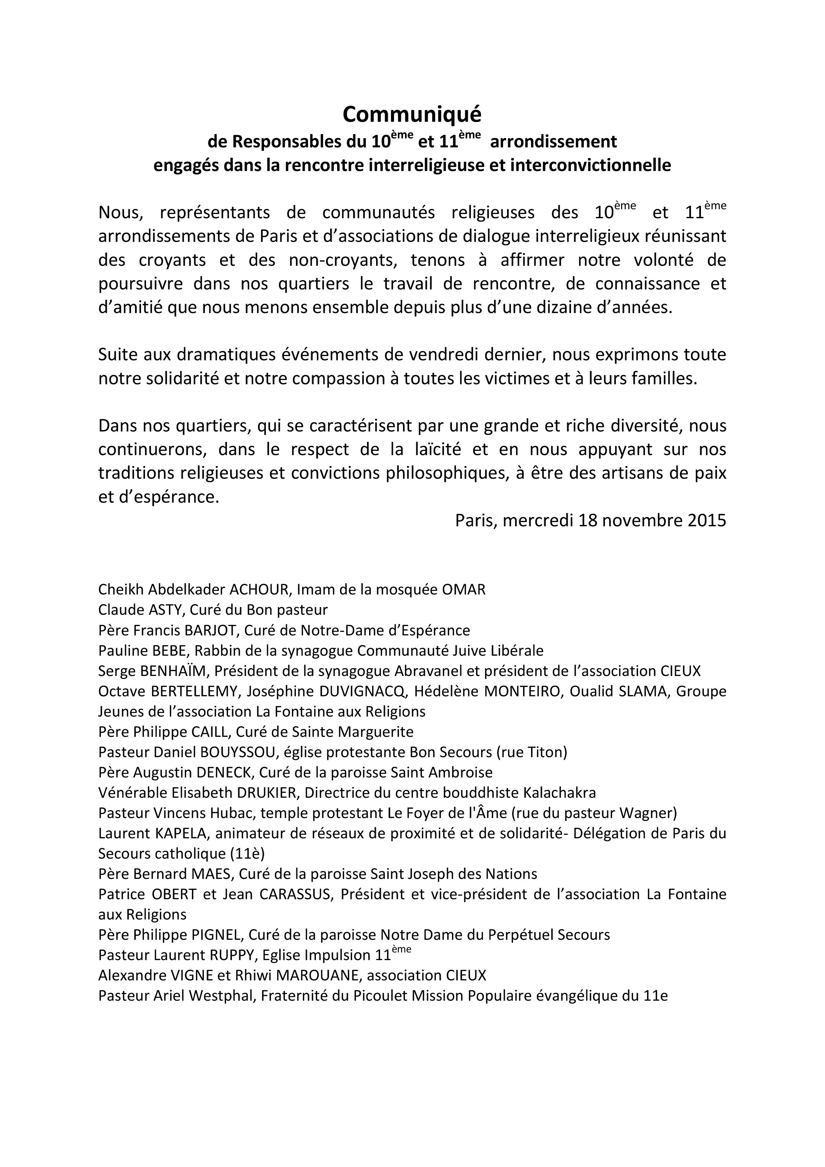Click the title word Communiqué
pos(412,115)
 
